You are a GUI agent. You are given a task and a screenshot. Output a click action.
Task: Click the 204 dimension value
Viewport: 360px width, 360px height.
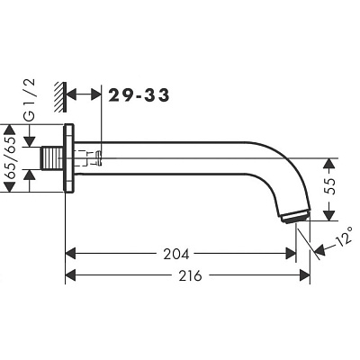[176, 254]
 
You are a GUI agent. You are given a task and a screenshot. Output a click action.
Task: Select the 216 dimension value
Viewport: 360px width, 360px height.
[191, 275]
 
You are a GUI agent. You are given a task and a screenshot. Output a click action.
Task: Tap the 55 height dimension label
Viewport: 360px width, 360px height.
[329, 186]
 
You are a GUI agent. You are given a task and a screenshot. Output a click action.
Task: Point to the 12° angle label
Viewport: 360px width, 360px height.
[344, 236]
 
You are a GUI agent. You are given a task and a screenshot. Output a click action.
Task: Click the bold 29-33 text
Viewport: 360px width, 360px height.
[139, 95]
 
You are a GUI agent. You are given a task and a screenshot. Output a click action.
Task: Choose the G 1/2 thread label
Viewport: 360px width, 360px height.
[30, 100]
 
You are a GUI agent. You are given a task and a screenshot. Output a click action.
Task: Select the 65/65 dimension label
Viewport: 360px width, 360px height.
[11, 158]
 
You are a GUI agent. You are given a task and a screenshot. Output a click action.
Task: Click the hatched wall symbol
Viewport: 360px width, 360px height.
[60, 97]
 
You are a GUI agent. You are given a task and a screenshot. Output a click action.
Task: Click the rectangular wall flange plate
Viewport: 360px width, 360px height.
[68, 157]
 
